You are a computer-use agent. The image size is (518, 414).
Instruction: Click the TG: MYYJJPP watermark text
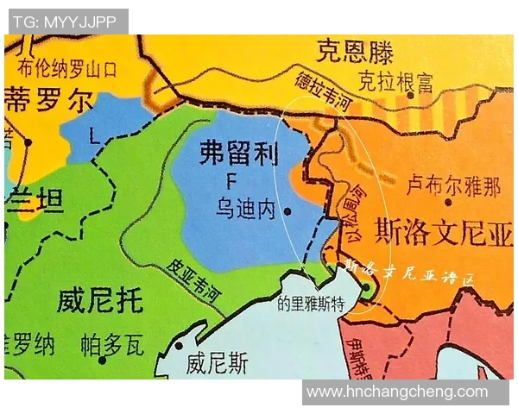click(65, 22)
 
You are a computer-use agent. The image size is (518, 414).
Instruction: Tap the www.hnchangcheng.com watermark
click(398, 392)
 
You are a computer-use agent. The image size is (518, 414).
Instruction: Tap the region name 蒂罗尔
click(47, 101)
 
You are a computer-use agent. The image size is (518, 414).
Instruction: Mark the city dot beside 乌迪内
click(287, 210)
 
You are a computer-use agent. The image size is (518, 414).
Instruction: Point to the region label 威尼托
click(99, 301)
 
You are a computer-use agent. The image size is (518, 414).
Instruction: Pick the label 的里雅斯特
click(311, 304)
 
